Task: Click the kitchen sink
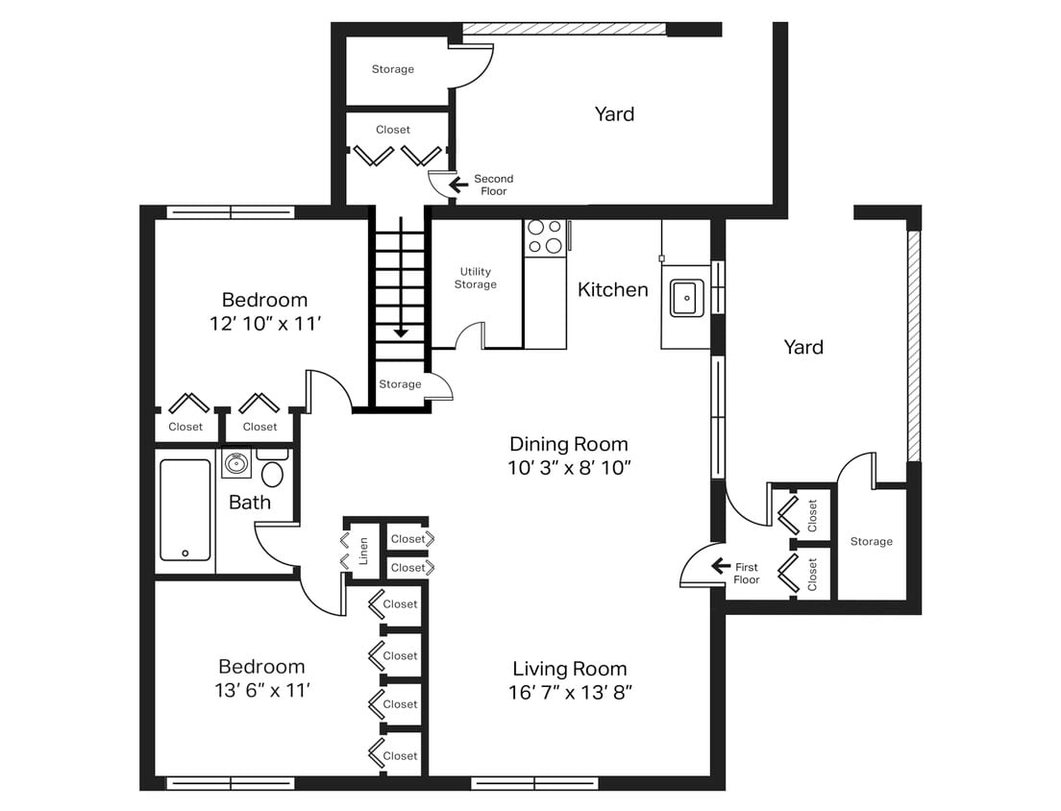(685, 298)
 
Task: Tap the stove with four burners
(545, 237)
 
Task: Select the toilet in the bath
(273, 472)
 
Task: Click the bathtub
(185, 509)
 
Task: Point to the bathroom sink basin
(236, 464)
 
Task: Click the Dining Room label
(568, 444)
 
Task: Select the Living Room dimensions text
(570, 692)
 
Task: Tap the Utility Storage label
(476, 278)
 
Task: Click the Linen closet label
(363, 552)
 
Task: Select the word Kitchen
(612, 289)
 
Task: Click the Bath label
(249, 502)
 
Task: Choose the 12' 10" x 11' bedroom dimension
(264, 324)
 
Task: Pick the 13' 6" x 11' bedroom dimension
(261, 690)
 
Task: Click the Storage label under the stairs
(400, 384)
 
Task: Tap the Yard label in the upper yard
(614, 114)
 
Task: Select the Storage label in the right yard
(871, 542)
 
